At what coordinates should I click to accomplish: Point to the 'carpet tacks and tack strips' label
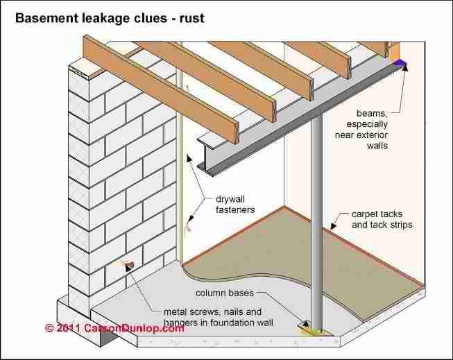click(382, 220)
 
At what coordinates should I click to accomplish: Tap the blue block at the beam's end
click(400, 65)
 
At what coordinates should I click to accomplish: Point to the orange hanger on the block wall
click(128, 264)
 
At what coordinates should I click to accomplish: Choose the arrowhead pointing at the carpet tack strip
click(334, 225)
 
